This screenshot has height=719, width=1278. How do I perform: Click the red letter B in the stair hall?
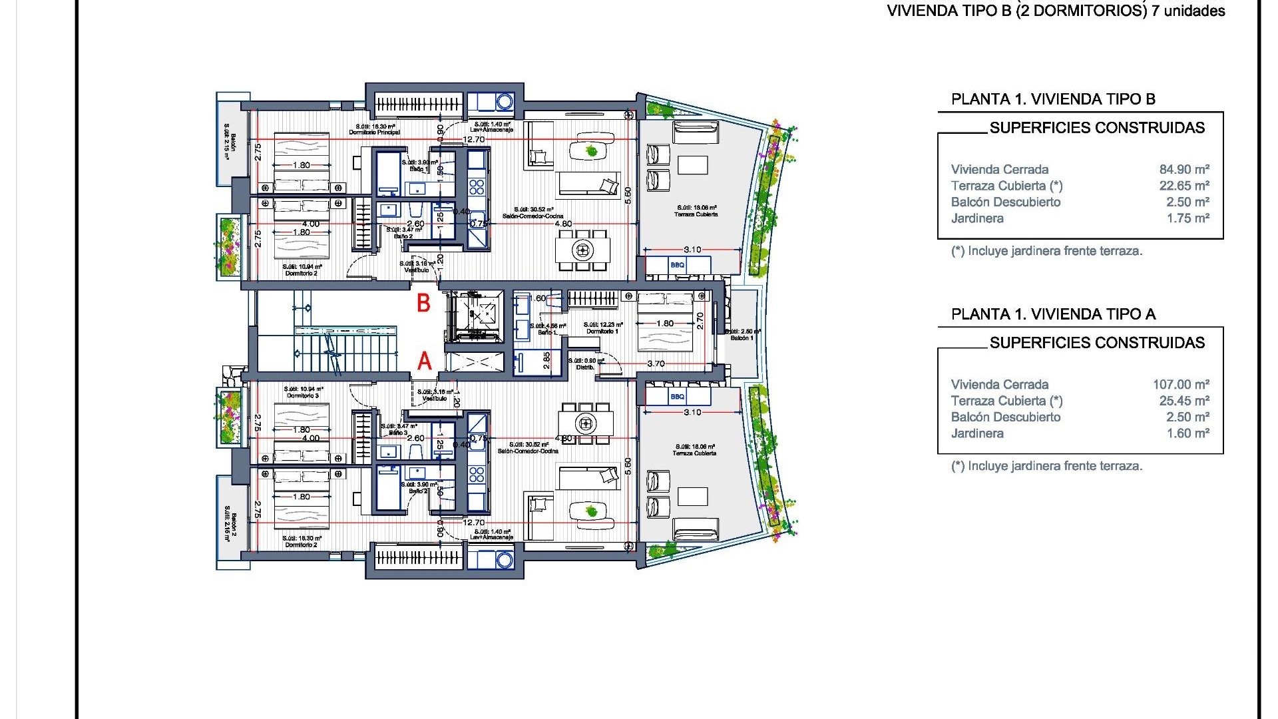(x=423, y=304)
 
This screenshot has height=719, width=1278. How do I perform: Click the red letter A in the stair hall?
(x=424, y=361)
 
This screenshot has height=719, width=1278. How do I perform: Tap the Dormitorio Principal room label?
(x=375, y=132)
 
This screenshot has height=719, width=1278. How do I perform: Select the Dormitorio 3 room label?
(x=303, y=395)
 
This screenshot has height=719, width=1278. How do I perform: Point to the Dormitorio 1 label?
(x=602, y=332)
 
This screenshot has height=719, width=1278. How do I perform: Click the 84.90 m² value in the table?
(x=1184, y=170)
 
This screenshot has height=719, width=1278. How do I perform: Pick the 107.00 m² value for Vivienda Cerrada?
(x=1181, y=385)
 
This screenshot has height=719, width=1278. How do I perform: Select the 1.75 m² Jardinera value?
(x=1187, y=218)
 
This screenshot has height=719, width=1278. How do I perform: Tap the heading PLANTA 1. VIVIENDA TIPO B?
(x=1053, y=99)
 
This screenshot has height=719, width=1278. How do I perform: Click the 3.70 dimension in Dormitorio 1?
(x=656, y=363)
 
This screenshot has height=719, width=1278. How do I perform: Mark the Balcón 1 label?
(x=742, y=338)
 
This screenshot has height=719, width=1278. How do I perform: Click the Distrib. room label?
(x=585, y=367)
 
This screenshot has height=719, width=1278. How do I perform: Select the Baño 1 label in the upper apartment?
(x=419, y=169)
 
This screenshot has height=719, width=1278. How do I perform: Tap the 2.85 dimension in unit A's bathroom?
(x=546, y=360)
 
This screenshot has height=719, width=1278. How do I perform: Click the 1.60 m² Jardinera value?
(x=1187, y=433)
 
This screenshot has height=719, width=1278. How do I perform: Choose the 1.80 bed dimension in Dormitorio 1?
(x=664, y=324)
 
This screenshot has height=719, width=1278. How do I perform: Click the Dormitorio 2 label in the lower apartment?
(x=301, y=545)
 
